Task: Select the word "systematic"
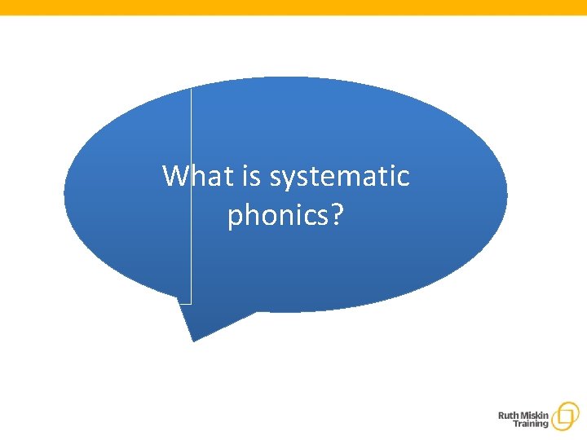(x=339, y=177)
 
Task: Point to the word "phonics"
(x=276, y=216)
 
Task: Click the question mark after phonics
(x=336, y=215)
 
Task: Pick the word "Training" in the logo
(x=531, y=425)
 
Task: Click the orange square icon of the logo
(x=564, y=416)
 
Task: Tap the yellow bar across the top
(x=293, y=7)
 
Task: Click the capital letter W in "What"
(x=174, y=175)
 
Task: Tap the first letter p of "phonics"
(x=236, y=218)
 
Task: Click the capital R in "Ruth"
(x=501, y=415)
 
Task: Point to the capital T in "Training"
(x=516, y=425)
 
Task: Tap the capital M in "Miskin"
(x=525, y=415)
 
